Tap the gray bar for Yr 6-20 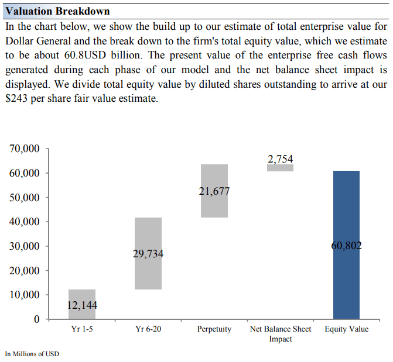pyautogui.click(x=148, y=234)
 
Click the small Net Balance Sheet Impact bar pyautogui.click(x=281, y=168)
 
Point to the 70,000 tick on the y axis pyautogui.click(x=25, y=149)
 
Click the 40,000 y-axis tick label pyautogui.click(x=25, y=222)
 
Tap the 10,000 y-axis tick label pyautogui.click(x=25, y=295)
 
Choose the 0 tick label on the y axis pyautogui.click(x=36, y=319)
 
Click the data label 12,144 pyautogui.click(x=82, y=305)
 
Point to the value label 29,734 pyautogui.click(x=148, y=254)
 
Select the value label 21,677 pyautogui.click(x=214, y=191)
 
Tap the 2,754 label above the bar pyautogui.click(x=281, y=159)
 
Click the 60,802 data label pyautogui.click(x=346, y=246)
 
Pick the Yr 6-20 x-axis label pyautogui.click(x=148, y=329)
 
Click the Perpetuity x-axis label pyautogui.click(x=214, y=329)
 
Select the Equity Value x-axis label pyautogui.click(x=347, y=329)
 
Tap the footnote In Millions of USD pyautogui.click(x=32, y=354)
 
